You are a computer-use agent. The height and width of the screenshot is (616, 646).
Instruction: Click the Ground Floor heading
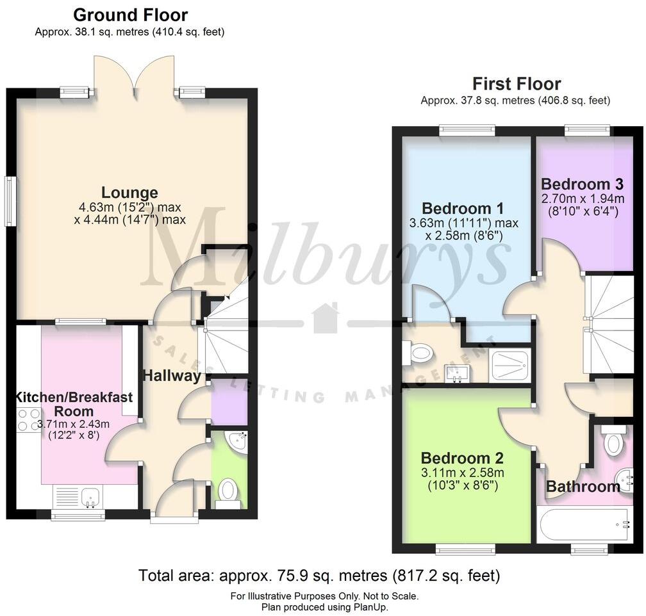[x=130, y=15]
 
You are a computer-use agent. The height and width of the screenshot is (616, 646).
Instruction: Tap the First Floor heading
[x=516, y=84]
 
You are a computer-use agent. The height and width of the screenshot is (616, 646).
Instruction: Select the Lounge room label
[x=129, y=192]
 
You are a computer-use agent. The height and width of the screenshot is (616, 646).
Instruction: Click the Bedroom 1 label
[x=462, y=208]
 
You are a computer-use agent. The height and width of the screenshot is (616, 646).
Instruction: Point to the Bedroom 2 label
[x=462, y=458]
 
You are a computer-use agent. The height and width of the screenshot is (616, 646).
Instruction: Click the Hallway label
[x=171, y=376]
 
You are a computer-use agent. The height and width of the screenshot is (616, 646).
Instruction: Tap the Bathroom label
[x=583, y=487]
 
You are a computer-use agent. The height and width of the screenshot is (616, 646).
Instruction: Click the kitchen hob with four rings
[x=28, y=419]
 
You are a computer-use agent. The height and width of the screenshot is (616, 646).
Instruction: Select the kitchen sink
[x=77, y=496]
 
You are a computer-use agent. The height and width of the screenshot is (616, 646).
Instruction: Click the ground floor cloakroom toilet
[x=228, y=492]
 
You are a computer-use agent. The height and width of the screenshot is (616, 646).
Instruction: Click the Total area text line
[x=319, y=575]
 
